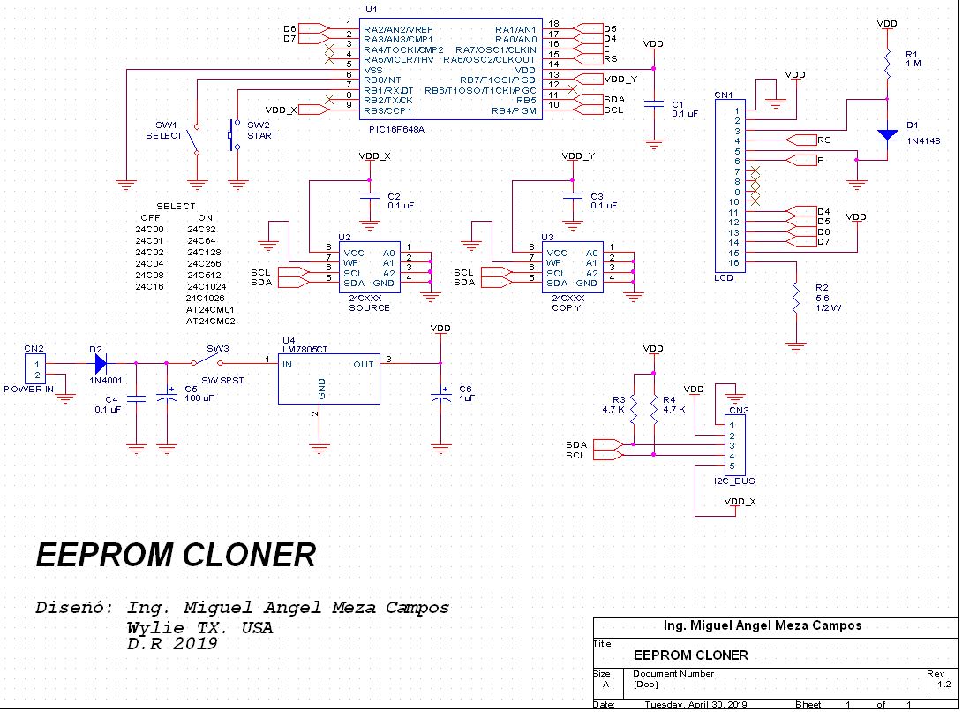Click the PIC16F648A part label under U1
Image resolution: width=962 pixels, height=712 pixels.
[396, 130]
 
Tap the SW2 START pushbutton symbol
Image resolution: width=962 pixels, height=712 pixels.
[235, 134]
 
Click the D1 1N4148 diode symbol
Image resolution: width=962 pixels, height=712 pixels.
[887, 135]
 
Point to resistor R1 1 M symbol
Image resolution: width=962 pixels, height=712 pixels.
[887, 64]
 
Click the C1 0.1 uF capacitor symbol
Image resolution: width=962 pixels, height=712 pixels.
[653, 104]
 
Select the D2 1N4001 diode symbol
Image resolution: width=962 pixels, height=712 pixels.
[101, 364]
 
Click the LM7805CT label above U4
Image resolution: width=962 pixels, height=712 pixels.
[304, 350]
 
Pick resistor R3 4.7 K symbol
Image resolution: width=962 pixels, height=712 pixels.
[633, 410]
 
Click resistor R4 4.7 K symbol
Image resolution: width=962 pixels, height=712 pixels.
[653, 410]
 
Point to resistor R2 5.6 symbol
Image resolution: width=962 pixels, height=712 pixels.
[796, 298]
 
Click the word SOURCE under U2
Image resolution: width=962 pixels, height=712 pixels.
[369, 307]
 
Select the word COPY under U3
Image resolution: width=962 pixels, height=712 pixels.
[566, 307]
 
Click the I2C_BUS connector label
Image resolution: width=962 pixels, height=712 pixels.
[733, 481]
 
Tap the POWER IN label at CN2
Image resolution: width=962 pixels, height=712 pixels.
[29, 389]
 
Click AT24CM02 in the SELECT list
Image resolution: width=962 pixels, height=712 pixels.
[210, 322]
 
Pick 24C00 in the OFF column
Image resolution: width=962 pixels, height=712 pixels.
[150, 229]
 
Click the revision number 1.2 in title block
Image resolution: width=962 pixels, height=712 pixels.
[943, 685]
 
